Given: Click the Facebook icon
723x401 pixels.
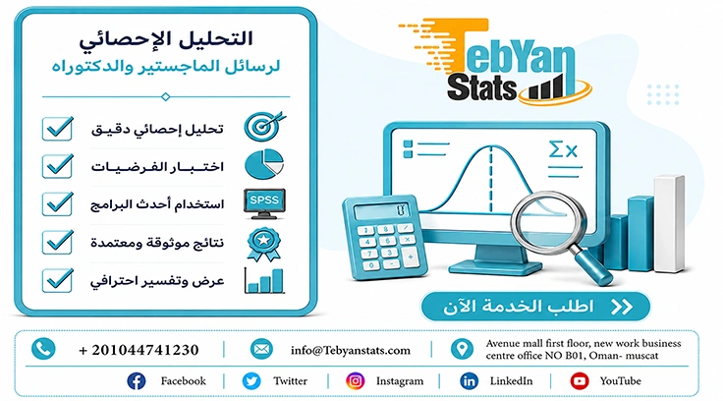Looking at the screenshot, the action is pyautogui.click(x=136, y=381).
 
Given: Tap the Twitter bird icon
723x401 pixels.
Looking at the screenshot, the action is pyautogui.click(x=251, y=381).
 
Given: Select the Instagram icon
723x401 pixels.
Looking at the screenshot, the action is pyautogui.click(x=355, y=381).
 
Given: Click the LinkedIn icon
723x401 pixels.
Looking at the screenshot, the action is pyautogui.click(x=469, y=381).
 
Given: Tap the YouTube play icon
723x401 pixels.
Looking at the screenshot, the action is pyautogui.click(x=580, y=381).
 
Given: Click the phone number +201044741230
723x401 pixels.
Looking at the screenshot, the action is pyautogui.click(x=139, y=350).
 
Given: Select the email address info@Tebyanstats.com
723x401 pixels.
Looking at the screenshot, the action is pyautogui.click(x=351, y=350).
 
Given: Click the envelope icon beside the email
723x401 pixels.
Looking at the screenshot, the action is pyautogui.click(x=261, y=349).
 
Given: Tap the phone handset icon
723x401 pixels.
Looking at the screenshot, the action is pyautogui.click(x=43, y=349).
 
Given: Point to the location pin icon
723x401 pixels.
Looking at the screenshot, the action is pyautogui.click(x=462, y=349).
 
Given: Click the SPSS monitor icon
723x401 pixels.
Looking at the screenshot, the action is pyautogui.click(x=264, y=203).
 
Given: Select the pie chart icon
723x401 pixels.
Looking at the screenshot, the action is pyautogui.click(x=264, y=164).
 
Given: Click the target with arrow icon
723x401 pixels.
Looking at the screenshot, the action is pyautogui.click(x=264, y=126).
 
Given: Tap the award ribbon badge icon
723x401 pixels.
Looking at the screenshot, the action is pyautogui.click(x=263, y=244).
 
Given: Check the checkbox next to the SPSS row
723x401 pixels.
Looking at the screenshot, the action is pyautogui.click(x=58, y=203).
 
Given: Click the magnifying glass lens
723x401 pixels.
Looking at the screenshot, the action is pyautogui.click(x=549, y=219).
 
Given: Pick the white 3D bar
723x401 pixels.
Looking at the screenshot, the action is pyautogui.click(x=669, y=223).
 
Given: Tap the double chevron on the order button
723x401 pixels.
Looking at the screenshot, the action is pyautogui.click(x=622, y=307).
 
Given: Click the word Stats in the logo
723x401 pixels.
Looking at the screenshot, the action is pyautogui.click(x=481, y=87).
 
